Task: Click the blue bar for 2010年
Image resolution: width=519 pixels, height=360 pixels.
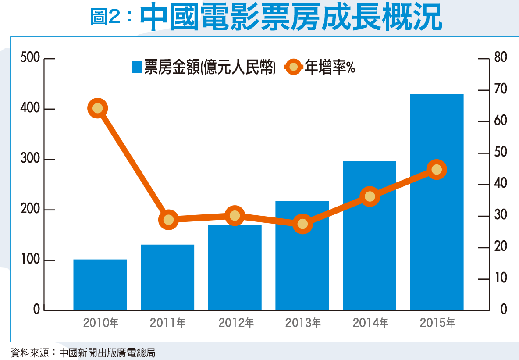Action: click(x=100, y=285)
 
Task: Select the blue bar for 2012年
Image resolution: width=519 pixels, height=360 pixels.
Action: click(x=235, y=267)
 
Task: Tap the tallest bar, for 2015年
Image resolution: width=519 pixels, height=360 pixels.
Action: click(x=437, y=202)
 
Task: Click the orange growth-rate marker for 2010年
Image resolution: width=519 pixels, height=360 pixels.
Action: click(x=98, y=108)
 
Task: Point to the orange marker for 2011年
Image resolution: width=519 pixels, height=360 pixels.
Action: click(x=169, y=219)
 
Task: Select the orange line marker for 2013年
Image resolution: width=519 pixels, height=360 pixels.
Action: click(x=302, y=224)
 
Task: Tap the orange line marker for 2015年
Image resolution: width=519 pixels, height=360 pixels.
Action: click(x=436, y=170)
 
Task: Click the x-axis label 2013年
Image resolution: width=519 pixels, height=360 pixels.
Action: click(x=302, y=324)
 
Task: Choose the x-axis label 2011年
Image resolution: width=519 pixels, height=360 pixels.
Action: click(x=167, y=324)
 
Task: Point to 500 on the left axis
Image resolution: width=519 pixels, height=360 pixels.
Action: click(x=30, y=58)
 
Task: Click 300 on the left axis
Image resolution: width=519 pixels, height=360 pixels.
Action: click(x=30, y=159)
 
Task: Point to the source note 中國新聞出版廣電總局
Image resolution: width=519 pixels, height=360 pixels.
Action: click(x=107, y=352)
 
